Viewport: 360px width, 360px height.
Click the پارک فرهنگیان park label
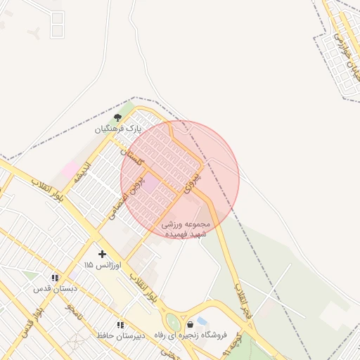pos(119,129)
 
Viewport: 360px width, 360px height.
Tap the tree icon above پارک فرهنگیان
pos(117,117)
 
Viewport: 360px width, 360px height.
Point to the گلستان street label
pos(131,156)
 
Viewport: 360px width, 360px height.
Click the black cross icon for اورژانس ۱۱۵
pos(102,253)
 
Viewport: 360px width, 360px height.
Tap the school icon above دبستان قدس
pos(55,278)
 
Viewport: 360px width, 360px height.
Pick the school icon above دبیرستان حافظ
pos(120,325)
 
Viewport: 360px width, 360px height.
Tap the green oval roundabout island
pos(173,323)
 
